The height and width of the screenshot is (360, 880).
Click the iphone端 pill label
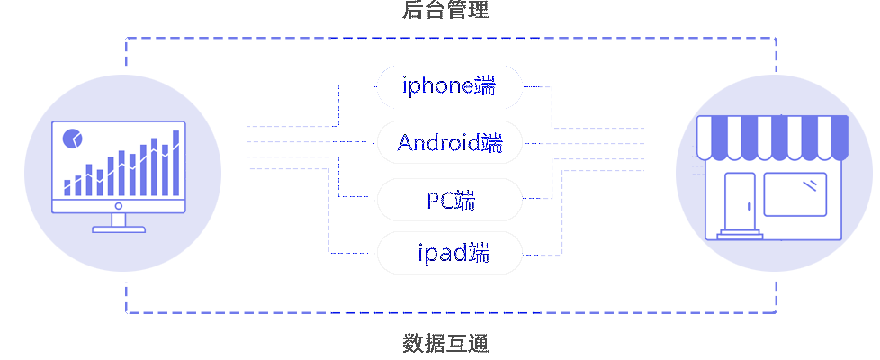point(449,86)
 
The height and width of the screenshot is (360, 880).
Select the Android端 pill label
point(449,142)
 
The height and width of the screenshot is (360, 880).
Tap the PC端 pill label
point(449,200)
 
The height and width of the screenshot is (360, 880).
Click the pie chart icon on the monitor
point(72,139)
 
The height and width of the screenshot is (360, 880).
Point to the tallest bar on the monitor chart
point(175,162)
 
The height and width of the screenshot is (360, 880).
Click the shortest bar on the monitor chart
point(67,187)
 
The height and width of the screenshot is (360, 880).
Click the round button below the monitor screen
point(119,205)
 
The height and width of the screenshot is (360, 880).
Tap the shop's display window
point(795,194)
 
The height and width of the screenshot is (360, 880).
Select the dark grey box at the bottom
point(445,343)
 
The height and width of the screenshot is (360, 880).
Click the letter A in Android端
point(405,142)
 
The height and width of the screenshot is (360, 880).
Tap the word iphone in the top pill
point(437,86)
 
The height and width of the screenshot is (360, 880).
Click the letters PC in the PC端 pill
point(439,200)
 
